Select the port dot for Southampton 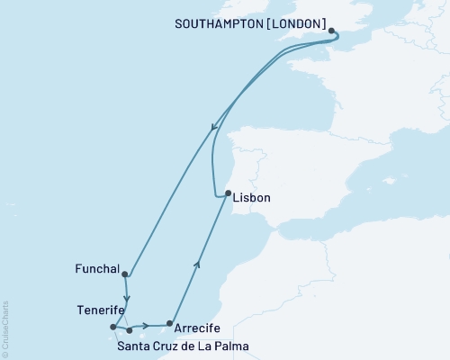pos(332,31)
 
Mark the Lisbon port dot pos(228,193)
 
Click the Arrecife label pos(195,328)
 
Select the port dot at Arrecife pos(169,323)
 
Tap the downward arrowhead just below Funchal pos(127,298)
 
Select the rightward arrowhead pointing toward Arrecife pos(145,325)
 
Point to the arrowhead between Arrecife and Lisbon pos(197,263)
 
